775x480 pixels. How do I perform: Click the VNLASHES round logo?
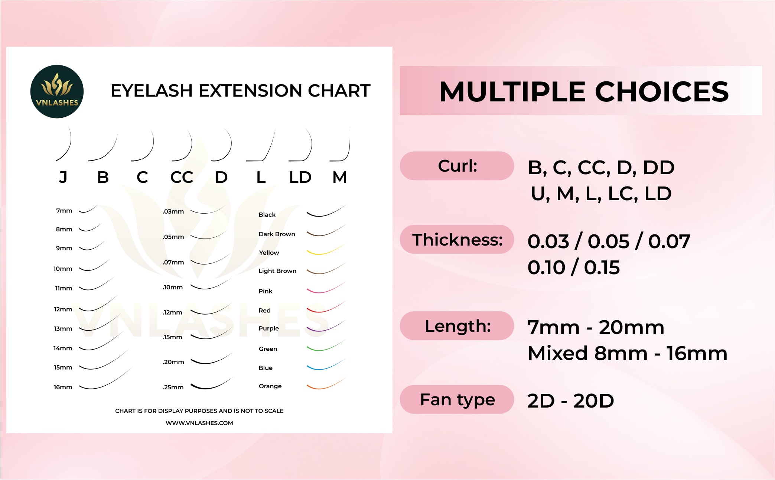[x=57, y=92]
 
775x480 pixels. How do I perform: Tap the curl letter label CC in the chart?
[x=182, y=177]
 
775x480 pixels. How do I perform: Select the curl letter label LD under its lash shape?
[x=300, y=177]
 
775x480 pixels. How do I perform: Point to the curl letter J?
[x=63, y=177]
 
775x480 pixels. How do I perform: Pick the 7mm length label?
[x=64, y=211]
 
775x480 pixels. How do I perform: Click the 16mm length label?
[x=63, y=387]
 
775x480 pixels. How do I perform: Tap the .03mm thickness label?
[x=173, y=211]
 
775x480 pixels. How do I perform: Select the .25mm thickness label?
[x=173, y=387]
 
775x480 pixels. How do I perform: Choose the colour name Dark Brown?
[x=277, y=234]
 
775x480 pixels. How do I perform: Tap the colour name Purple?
[x=268, y=328]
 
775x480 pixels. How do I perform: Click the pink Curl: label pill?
[x=457, y=166]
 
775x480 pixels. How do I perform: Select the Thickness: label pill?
[x=457, y=239]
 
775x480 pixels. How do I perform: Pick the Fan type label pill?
[x=457, y=399]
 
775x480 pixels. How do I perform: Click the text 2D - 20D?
[x=570, y=401]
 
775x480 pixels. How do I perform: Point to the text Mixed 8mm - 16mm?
[x=627, y=353]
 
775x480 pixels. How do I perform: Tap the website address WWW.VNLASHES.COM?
[x=199, y=423]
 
